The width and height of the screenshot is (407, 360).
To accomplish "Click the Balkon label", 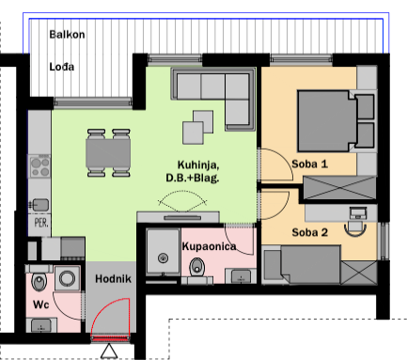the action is (x=67, y=34).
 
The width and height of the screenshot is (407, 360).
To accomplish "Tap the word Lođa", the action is (x=62, y=67).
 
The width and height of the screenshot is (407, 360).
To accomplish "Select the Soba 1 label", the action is (x=309, y=164).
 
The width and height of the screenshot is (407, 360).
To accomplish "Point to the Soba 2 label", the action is (x=309, y=232).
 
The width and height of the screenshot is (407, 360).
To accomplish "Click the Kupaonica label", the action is (x=209, y=246).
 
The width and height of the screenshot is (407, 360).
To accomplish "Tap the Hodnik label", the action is (x=113, y=279).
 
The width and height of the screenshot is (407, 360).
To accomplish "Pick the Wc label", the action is (x=41, y=305).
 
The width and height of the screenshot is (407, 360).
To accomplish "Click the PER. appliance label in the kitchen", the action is (x=41, y=223).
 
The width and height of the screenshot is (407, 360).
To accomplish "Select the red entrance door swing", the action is (x=110, y=318).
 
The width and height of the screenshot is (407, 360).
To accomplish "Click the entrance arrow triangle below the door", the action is (x=109, y=352).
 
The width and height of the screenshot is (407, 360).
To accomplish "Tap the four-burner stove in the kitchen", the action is (x=39, y=166).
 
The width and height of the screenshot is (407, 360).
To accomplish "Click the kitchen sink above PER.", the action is (x=39, y=205).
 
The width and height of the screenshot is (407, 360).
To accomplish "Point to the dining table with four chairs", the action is (x=108, y=153).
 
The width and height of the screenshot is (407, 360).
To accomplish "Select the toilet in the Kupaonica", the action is (x=197, y=268).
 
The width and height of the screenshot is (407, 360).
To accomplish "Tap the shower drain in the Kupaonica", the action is (x=163, y=258).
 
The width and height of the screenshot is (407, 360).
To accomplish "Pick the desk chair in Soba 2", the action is (x=355, y=228).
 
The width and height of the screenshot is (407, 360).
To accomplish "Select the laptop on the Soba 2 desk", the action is (x=358, y=213).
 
